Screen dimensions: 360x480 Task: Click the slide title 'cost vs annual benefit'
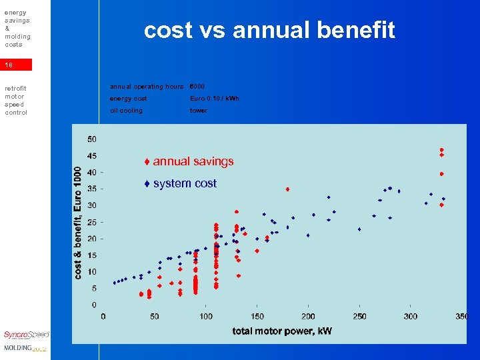270,30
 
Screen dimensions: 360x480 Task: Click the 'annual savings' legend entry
189,161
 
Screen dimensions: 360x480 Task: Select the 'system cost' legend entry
181,183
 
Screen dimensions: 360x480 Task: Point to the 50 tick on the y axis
91,139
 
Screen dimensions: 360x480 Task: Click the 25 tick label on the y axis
91,222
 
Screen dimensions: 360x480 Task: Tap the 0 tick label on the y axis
93,305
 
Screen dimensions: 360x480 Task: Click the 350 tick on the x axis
462,316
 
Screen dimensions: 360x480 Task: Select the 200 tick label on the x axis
308,316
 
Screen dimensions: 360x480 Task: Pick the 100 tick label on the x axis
206,316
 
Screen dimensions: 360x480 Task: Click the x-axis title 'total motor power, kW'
282,331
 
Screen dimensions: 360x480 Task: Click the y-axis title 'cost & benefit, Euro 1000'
79,223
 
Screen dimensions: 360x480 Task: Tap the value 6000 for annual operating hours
197,87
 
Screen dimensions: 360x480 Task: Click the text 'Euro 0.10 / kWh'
214,99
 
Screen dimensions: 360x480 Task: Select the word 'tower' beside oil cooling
199,111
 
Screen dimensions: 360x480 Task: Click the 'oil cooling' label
126,111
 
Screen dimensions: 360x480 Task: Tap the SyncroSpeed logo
26,335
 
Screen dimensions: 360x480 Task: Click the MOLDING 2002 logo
25,348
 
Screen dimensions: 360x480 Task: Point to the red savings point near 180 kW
287,189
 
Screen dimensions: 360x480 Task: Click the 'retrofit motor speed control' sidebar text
16,100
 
